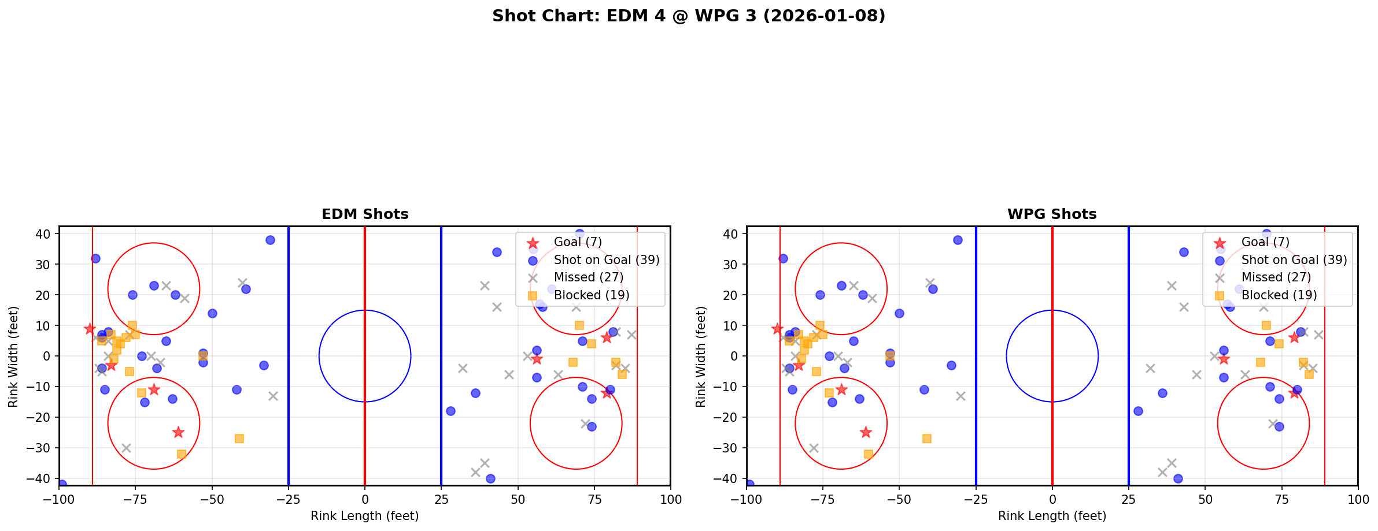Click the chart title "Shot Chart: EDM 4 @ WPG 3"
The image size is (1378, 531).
pyautogui.click(x=688, y=16)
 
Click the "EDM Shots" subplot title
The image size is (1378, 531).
pyautogui.click(x=365, y=214)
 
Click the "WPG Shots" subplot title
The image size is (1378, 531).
pyautogui.click(x=1052, y=214)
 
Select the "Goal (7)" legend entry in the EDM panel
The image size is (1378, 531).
pyautogui.click(x=578, y=242)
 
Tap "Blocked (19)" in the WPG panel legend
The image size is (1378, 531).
pyautogui.click(x=1279, y=295)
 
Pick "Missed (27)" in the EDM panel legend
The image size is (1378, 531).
pyautogui.click(x=588, y=277)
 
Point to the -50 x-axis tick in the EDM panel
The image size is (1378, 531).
pyautogui.click(x=212, y=499)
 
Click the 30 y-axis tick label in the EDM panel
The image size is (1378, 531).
pyautogui.click(x=45, y=265)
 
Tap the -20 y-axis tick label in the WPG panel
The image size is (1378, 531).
pyautogui.click(x=730, y=417)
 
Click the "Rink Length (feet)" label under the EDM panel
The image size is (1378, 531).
pyautogui.click(x=364, y=516)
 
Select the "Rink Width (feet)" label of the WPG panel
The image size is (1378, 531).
pyautogui.click(x=701, y=357)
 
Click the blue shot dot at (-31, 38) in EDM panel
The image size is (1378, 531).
pyautogui.click(x=270, y=240)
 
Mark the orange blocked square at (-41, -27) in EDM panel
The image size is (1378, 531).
pyautogui.click(x=239, y=439)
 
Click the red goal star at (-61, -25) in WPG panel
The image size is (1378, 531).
pyautogui.click(x=866, y=432)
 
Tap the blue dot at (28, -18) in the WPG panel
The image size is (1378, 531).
pyautogui.click(x=1138, y=411)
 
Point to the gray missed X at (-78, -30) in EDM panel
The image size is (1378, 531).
pyautogui.click(x=126, y=448)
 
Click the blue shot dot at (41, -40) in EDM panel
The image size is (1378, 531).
pyautogui.click(x=490, y=478)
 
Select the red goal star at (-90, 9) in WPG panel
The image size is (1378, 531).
pyautogui.click(x=777, y=329)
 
